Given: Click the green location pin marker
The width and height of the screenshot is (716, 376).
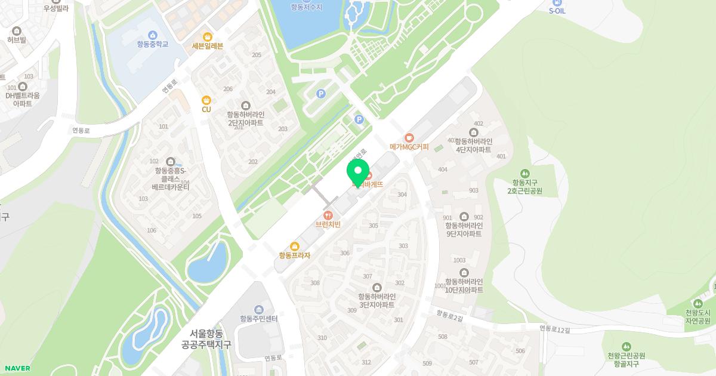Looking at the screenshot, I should (358, 174).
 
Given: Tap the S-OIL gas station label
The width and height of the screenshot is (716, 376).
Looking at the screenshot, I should (557, 11).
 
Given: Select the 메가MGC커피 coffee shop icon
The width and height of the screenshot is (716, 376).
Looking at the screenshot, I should (409, 138).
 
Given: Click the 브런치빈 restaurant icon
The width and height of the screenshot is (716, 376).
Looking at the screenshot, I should (328, 215).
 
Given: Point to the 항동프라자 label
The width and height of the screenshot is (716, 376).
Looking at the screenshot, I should (294, 255).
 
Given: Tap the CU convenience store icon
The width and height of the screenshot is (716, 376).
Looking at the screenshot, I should (206, 100).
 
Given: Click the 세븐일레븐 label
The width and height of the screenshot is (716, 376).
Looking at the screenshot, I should (208, 45).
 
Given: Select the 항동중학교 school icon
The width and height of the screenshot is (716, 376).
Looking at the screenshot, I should (152, 35).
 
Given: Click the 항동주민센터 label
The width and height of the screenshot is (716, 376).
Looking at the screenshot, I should (258, 319).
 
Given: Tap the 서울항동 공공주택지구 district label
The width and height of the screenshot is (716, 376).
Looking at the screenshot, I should (206, 339).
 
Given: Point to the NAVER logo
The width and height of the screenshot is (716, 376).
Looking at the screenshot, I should (17, 368).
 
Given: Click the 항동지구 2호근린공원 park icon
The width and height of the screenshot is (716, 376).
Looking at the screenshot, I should (525, 173).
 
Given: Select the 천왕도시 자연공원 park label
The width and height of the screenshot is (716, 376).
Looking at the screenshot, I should (698, 316).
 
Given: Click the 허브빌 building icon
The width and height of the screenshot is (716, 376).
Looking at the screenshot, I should (17, 31).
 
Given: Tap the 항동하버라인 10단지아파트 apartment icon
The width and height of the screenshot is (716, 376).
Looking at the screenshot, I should (464, 273).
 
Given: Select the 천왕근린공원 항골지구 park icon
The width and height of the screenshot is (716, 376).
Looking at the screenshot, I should (626, 347).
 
